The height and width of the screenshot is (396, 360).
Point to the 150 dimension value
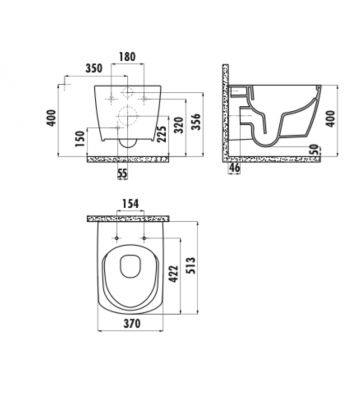[79, 137]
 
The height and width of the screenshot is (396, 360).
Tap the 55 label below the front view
[121, 177]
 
